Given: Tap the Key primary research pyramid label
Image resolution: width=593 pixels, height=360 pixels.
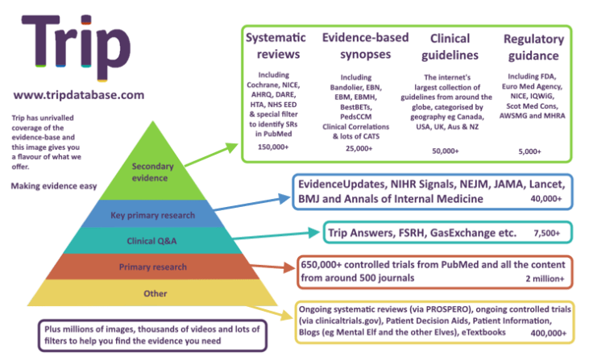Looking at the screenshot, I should click(154, 215).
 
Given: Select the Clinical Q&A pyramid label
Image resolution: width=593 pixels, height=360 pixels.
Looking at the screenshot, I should click(155, 240).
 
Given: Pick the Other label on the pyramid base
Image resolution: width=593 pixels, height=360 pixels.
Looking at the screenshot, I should click(155, 294).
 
